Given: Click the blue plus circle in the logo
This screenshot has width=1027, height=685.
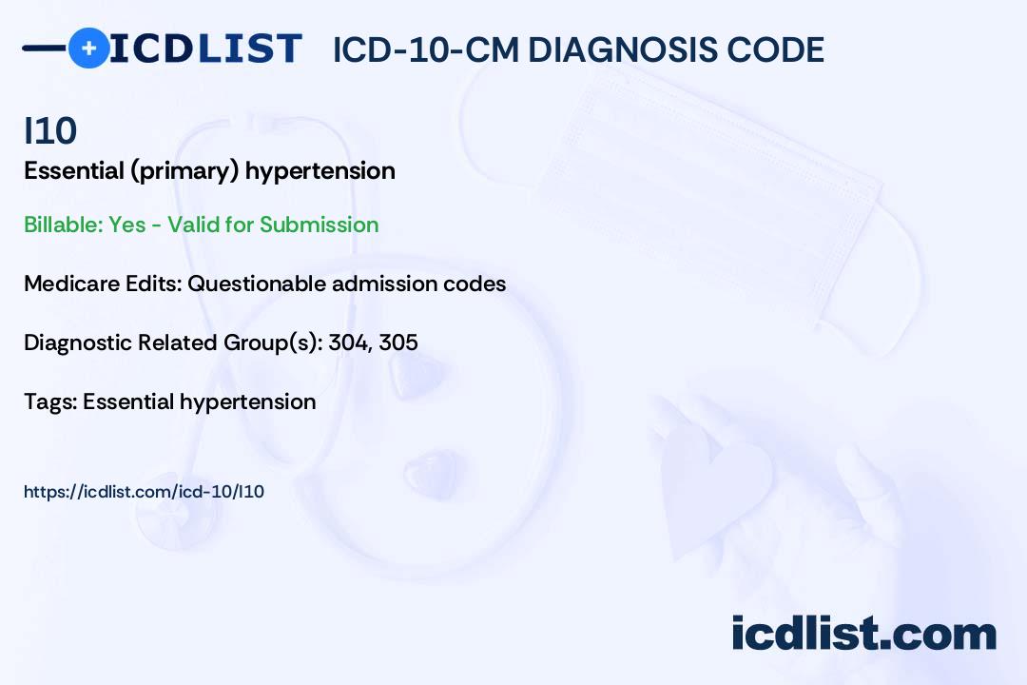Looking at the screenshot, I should (x=88, y=48).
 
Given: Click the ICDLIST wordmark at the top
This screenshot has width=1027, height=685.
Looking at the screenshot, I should (x=205, y=48).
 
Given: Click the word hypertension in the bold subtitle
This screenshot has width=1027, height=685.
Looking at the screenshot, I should (x=320, y=171).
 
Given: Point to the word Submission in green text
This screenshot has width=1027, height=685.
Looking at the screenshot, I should (x=319, y=225).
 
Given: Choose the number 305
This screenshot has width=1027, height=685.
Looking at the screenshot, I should (x=398, y=342).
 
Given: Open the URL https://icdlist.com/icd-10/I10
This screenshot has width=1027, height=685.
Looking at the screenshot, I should (x=144, y=492).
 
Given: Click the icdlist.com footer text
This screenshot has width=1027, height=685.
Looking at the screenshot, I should (x=863, y=633).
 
